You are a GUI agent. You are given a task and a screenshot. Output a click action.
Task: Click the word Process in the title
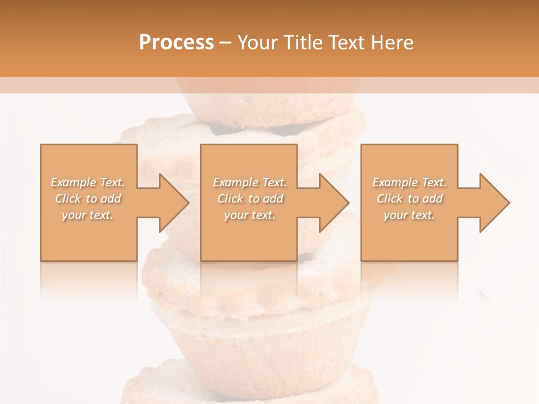[176, 43]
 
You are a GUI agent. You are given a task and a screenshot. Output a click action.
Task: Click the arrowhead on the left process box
[172, 203]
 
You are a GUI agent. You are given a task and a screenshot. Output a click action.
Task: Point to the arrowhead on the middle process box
[332, 203]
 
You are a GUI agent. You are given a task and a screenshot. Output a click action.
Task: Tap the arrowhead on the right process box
[493, 203]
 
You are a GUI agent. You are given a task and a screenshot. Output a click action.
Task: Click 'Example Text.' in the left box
[88, 182]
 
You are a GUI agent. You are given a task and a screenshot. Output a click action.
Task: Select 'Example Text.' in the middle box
[250, 182]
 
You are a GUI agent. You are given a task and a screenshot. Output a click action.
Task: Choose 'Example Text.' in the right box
[409, 182]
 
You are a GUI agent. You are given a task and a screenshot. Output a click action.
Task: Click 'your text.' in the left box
[88, 215]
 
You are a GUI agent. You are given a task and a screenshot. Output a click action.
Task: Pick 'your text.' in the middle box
[250, 215]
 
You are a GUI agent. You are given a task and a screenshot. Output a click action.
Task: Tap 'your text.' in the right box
[409, 215]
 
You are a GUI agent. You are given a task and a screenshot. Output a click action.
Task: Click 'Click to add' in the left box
[88, 199]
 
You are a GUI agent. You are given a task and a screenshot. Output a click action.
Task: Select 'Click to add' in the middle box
[250, 199]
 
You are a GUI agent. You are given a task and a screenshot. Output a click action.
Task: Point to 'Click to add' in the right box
[409, 199]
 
